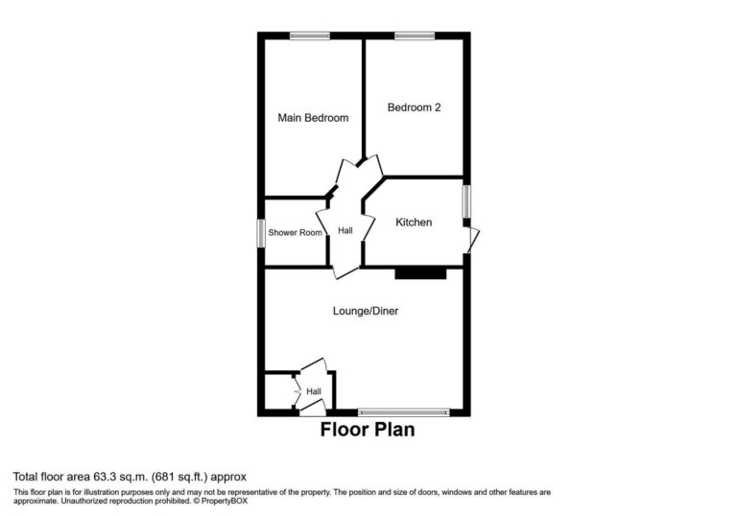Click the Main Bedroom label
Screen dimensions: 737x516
pos(313,117)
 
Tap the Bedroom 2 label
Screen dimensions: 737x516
pos(415,107)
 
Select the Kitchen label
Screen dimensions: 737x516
pos(414,222)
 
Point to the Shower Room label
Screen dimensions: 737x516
pos(296,232)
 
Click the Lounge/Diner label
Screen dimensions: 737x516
pos(366,311)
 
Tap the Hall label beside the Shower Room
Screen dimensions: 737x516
pos(345,230)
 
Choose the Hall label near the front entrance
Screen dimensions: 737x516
pos(314,391)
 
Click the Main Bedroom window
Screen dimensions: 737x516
pos(310,35)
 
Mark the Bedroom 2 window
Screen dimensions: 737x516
pos(415,35)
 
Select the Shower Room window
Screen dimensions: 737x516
pos(261,233)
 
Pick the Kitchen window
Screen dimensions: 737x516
pos(466,201)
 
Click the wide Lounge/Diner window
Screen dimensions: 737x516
pos(404,412)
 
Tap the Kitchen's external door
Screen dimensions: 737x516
pos(472,240)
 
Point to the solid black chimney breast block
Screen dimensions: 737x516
pos(420,273)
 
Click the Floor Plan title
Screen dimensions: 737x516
pos(368,430)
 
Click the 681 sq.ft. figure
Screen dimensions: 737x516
pos(179,477)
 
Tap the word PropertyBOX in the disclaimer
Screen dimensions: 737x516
pos(225,501)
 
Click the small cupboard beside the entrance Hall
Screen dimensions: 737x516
pos(279,391)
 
